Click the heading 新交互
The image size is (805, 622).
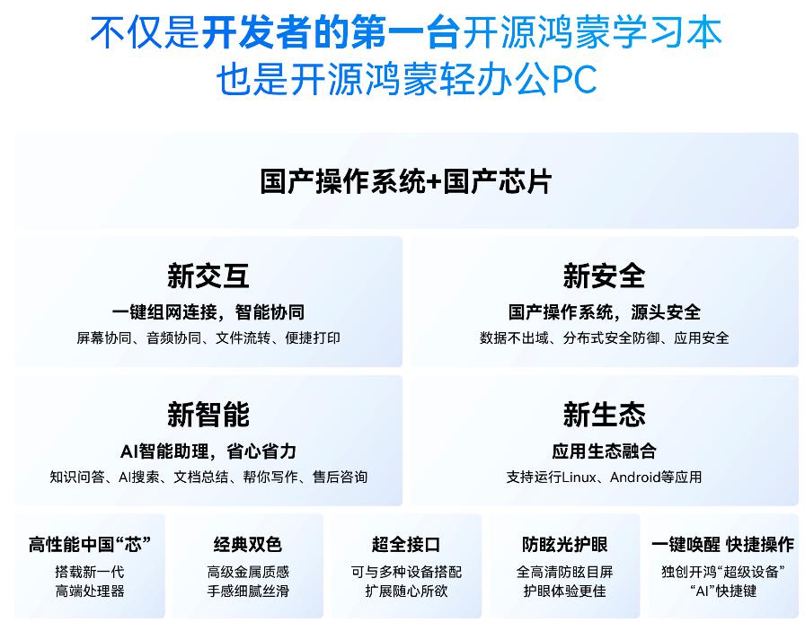[208, 276]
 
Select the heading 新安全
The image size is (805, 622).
[604, 276]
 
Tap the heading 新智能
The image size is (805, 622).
[208, 415]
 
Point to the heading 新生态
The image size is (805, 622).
[604, 415]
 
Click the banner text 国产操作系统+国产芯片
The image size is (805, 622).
[405, 181]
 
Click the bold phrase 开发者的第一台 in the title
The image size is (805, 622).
[332, 32]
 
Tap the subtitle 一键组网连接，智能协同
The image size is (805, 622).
[208, 312]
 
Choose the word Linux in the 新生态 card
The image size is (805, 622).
[579, 477]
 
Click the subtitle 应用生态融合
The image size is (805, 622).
[604, 451]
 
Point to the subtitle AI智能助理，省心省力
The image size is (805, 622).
[208, 451]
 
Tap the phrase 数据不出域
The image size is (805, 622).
[514, 337]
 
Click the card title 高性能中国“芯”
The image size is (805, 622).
[89, 544]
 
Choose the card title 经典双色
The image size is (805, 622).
[247, 544]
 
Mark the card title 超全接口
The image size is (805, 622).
[405, 544]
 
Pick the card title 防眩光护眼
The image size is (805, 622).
[564, 544]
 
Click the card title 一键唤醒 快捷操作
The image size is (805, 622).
[723, 544]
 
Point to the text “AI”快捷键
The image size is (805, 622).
[723, 591]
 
